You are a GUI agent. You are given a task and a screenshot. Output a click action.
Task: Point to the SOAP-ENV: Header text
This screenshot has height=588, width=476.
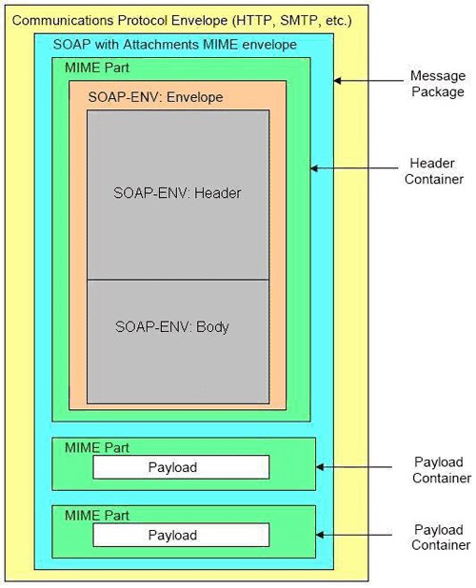[x=178, y=193]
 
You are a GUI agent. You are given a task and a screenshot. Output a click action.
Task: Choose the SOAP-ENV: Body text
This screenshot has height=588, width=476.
[x=172, y=326]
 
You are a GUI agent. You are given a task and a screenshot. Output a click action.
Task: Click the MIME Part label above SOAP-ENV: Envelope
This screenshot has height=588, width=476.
[x=96, y=69]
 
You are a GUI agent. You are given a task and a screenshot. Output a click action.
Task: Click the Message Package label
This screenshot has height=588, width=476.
[x=437, y=84]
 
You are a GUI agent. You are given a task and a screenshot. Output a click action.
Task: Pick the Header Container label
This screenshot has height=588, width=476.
[x=437, y=170]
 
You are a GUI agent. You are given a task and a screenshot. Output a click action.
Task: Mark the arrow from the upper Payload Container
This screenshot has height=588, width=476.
[x=352, y=467]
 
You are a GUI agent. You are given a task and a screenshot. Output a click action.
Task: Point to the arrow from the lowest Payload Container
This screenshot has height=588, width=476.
[x=352, y=535]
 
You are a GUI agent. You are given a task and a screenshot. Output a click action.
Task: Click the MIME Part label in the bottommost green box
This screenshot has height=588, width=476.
[x=96, y=515]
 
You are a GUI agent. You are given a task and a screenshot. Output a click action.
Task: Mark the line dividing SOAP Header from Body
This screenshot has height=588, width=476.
[x=178, y=280]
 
